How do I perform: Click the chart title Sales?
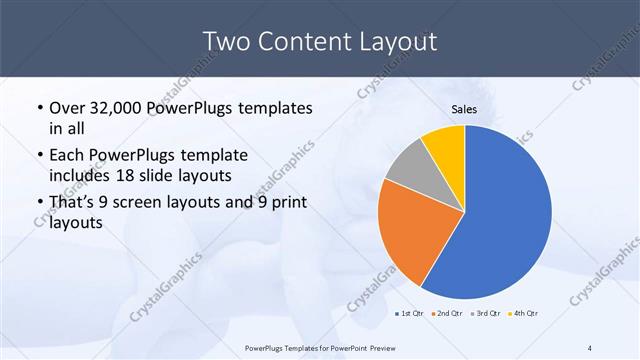464,108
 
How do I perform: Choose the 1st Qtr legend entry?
408,314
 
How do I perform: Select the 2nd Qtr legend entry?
445,314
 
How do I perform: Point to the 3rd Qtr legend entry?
484,314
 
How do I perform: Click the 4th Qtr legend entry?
523,314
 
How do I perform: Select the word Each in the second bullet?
67,156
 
